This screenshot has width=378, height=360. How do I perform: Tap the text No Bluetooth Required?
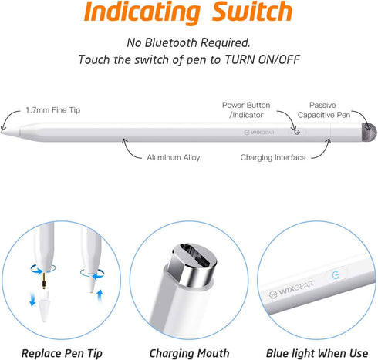(188, 42)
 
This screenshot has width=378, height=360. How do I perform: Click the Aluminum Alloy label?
(174, 156)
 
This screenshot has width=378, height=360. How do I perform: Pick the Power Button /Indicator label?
(244, 109)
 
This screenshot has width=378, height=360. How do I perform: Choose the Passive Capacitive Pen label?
(332, 109)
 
